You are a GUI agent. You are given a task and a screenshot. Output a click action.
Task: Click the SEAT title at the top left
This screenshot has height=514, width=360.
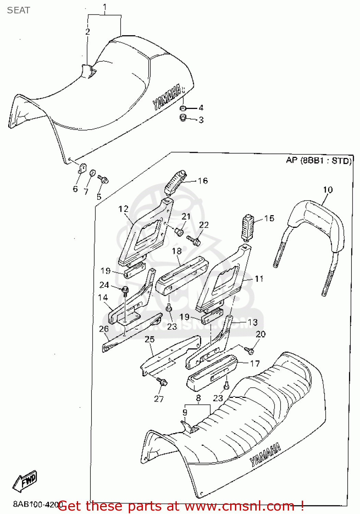point(18,10)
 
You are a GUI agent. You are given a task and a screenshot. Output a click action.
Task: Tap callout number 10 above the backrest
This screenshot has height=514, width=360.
point(327,189)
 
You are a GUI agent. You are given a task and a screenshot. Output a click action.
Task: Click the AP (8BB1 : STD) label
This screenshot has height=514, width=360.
point(319,160)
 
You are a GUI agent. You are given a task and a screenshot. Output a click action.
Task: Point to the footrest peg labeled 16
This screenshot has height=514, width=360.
point(175,182)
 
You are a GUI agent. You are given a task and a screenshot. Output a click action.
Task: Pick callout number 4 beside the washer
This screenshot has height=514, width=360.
point(201,108)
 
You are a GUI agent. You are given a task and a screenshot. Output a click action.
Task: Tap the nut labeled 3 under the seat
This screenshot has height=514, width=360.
point(183,118)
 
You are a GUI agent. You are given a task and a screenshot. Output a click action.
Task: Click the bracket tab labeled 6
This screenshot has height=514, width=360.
point(83,168)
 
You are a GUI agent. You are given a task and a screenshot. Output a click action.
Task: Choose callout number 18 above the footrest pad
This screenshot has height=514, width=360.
point(177,251)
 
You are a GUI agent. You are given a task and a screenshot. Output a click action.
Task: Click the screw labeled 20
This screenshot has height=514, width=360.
point(249,350)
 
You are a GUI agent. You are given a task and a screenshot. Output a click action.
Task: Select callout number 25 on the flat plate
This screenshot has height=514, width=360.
point(149,339)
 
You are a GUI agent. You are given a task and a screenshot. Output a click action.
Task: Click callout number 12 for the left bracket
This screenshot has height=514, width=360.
point(123,209)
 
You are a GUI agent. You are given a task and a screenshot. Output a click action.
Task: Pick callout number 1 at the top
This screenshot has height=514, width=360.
point(104,7)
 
